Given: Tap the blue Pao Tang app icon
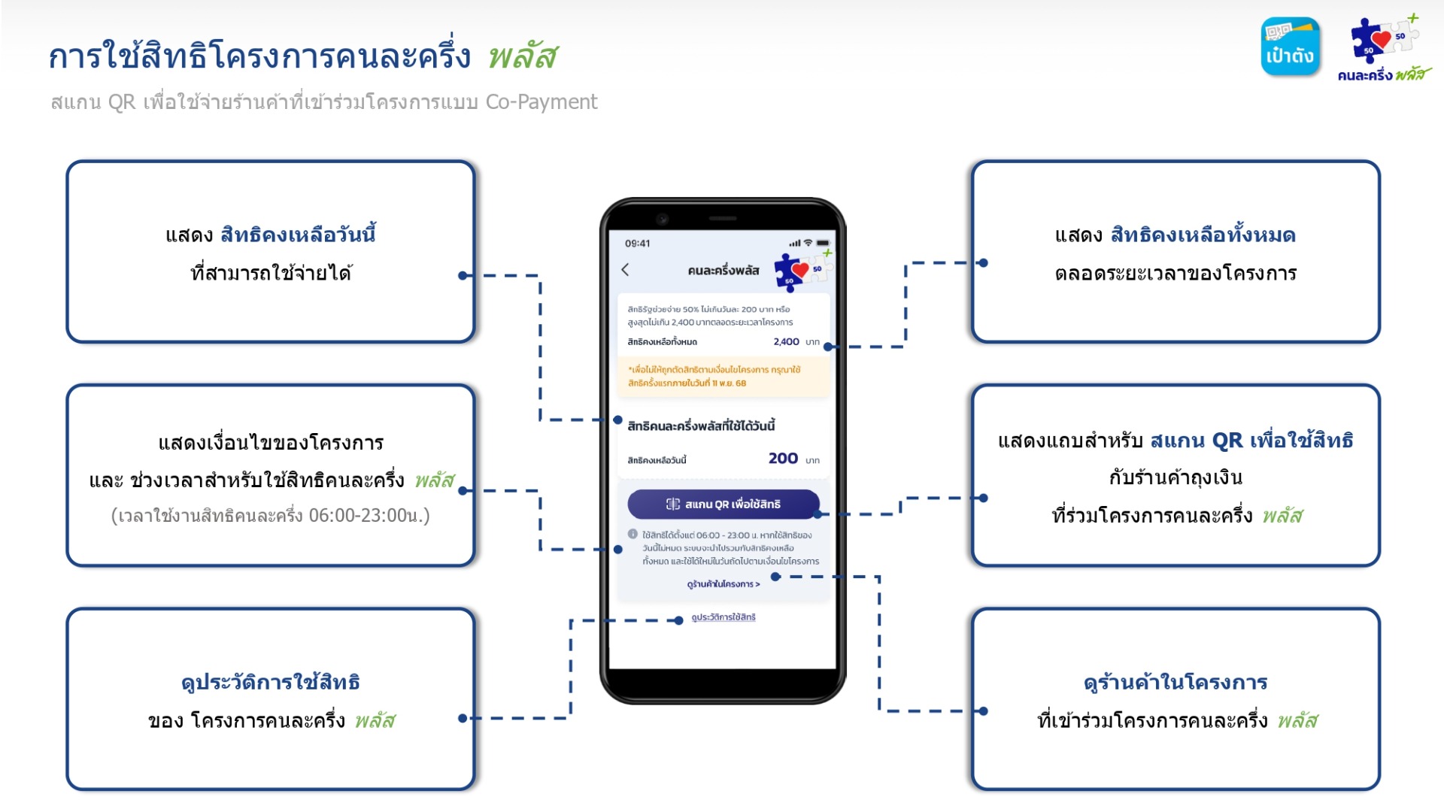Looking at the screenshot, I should click(1290, 47).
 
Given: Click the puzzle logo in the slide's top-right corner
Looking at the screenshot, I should click(1382, 41).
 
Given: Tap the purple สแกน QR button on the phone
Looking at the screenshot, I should click(723, 504).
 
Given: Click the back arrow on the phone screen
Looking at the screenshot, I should click(625, 270).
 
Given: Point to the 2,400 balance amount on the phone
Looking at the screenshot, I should click(786, 341).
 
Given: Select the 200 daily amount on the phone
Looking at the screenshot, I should click(783, 458).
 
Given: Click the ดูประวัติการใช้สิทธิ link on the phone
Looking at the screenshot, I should click(723, 617).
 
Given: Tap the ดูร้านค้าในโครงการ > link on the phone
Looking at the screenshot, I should click(723, 584).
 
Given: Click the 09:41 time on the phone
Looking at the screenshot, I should click(637, 243).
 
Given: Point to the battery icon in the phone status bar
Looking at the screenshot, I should click(823, 243).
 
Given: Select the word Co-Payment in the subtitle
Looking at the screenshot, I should click(541, 101).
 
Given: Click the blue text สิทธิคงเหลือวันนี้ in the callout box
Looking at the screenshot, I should click(298, 235).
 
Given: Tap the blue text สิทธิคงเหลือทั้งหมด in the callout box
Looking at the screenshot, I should click(1203, 235).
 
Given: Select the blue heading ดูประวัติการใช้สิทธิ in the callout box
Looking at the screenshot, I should click(270, 682).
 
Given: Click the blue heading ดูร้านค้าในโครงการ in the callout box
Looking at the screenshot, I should click(1176, 682).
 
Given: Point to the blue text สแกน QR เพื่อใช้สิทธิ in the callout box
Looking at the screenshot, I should click(1251, 441).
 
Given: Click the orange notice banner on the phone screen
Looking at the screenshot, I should click(723, 377).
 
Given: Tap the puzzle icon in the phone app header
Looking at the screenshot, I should click(802, 271).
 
